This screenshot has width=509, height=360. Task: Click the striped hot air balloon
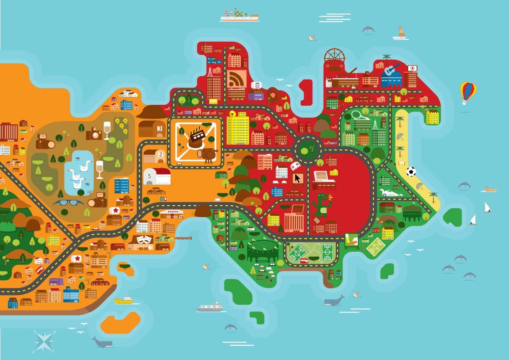(468, 92)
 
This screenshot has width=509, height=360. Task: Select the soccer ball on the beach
(411, 172)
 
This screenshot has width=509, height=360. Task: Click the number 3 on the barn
(160, 129)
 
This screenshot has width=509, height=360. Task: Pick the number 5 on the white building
(149, 176)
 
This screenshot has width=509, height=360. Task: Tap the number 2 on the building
(160, 154)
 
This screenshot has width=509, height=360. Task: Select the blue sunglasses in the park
(68, 203)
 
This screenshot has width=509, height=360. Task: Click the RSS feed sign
(237, 79)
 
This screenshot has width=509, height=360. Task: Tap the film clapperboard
(196, 133)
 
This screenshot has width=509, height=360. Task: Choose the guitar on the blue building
(391, 70)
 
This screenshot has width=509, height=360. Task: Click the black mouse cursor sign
(298, 178)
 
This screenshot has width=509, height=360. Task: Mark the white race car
(391, 192)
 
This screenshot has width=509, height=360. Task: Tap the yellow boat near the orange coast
(123, 301)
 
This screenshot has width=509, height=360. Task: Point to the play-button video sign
(412, 68)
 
